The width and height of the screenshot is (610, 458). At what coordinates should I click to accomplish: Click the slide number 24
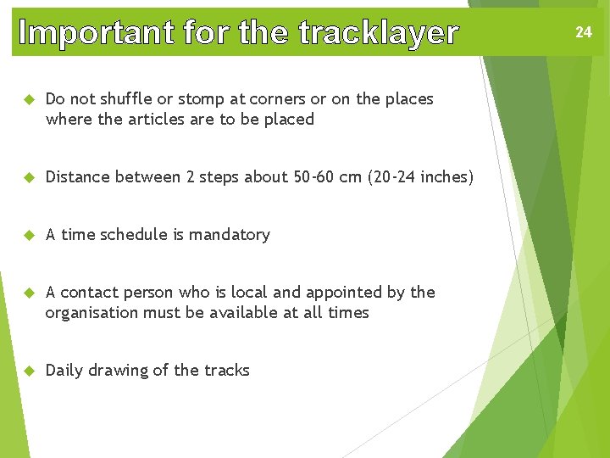click(x=583, y=32)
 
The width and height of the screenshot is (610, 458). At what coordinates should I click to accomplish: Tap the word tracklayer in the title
click(x=379, y=32)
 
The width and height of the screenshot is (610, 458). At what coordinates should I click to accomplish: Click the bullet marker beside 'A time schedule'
click(x=26, y=235)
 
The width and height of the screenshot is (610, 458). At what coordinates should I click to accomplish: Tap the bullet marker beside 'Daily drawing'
click(x=26, y=371)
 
